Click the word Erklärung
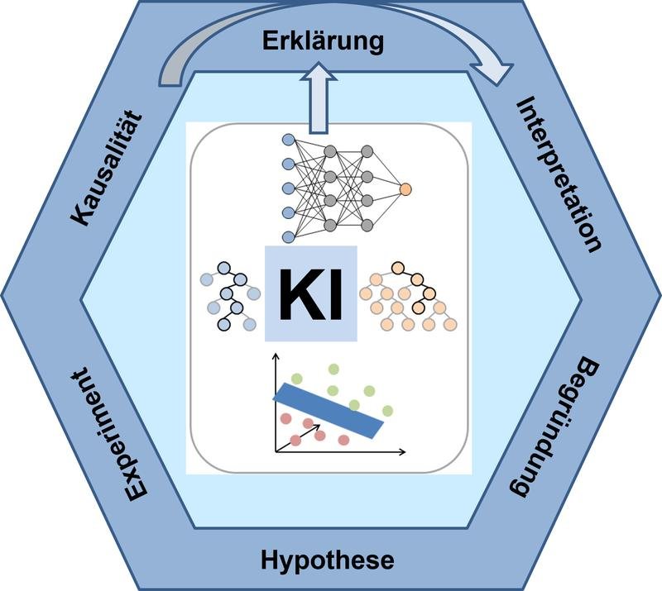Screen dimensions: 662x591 (x=323, y=42)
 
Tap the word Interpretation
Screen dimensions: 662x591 (x=558, y=174)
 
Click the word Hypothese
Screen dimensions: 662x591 (x=327, y=560)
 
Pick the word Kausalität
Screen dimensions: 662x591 (x=107, y=169)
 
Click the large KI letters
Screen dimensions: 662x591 (x=311, y=293)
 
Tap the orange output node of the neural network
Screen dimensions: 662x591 (x=405, y=189)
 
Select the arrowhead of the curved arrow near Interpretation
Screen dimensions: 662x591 (x=496, y=73)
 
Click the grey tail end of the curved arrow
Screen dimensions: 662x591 (x=170, y=78)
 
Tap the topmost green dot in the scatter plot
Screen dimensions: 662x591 (x=333, y=369)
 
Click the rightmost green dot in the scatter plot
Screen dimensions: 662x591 (x=387, y=410)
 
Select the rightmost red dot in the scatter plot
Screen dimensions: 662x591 (x=343, y=440)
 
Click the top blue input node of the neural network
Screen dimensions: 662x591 (x=288, y=139)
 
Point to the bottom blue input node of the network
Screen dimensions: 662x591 (x=288, y=236)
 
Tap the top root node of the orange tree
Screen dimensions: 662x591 (x=398, y=268)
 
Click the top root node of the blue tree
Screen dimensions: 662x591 (x=223, y=268)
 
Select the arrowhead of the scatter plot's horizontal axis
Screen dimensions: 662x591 (x=402, y=452)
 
